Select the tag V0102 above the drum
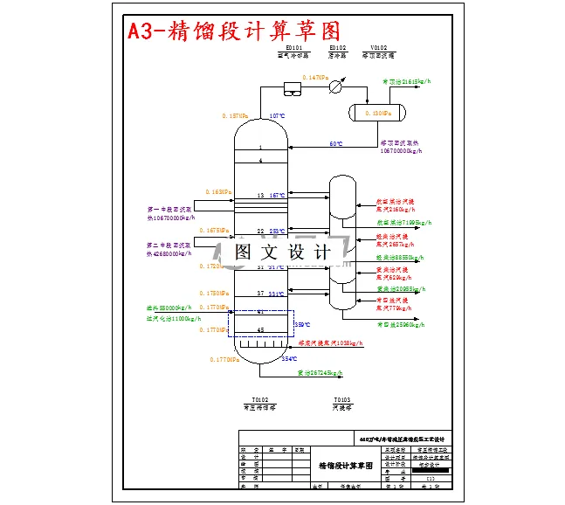[378, 48]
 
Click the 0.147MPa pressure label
[314, 78]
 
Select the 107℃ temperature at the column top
[277, 116]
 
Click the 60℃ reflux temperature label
[335, 143]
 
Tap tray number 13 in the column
[260, 195]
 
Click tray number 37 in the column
[260, 293]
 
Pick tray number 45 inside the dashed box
[260, 329]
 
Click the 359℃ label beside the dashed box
[301, 324]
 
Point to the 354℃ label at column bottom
[289, 358]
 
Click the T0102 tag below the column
[259, 398]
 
